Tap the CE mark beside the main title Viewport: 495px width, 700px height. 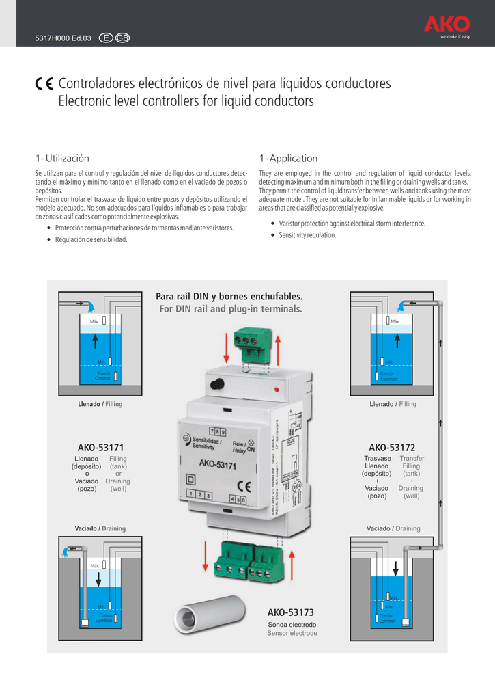44,84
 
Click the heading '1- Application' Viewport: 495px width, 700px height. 288,158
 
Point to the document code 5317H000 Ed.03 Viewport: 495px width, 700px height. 63,37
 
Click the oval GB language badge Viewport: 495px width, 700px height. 122,37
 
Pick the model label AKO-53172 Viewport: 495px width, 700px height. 392,447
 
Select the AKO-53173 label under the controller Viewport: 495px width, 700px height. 291,612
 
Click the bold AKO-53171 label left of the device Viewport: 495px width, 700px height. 100,447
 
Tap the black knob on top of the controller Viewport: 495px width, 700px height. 218,384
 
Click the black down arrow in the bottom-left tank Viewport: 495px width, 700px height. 99,579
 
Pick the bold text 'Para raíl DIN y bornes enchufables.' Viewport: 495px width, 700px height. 229,297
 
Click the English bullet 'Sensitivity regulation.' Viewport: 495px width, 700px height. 307,235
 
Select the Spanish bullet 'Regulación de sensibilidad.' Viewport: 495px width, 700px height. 91,239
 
